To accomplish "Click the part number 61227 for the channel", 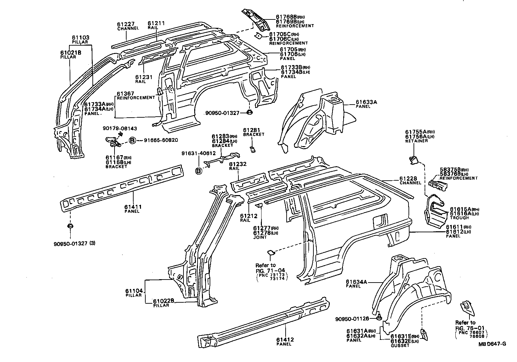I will pyautogui.click(x=126, y=24).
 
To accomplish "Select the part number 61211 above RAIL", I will pyautogui.click(x=156, y=23).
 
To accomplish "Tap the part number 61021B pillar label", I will pyautogui.click(x=71, y=53).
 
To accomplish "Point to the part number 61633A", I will pyautogui.click(x=366, y=102).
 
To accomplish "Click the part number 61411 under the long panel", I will pyautogui.click(x=133, y=207).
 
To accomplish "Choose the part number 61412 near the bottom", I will pyautogui.click(x=285, y=340).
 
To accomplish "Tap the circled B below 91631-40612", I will pyautogui.click(x=199, y=171).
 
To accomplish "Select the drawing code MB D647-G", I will pyautogui.click(x=492, y=344).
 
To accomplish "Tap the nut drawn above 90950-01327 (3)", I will pyautogui.click(x=70, y=226).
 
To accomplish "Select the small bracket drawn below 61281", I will pyautogui.click(x=253, y=148).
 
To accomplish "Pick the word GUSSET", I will pyautogui.click(x=400, y=345).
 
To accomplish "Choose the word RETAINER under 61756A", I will pyautogui.click(x=416, y=141).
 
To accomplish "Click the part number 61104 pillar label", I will pyautogui.click(x=134, y=291).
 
